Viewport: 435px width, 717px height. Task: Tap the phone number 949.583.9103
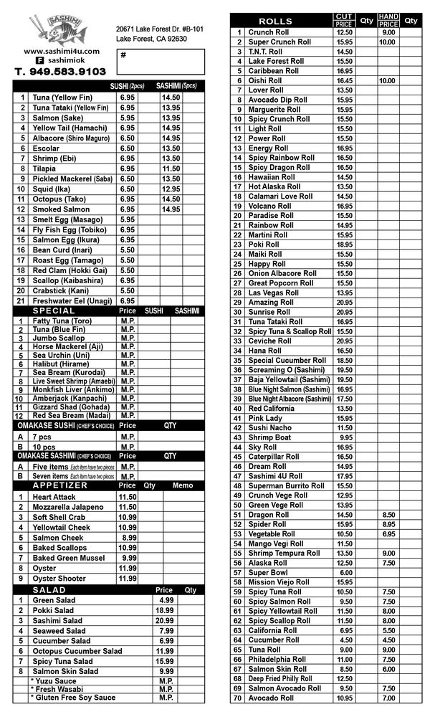click(x=60, y=72)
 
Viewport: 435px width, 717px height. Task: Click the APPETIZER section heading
click(x=61, y=485)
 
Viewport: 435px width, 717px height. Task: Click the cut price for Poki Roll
click(x=344, y=244)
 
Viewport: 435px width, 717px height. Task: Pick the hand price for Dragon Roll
click(x=388, y=515)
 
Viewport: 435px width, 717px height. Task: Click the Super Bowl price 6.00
click(x=345, y=573)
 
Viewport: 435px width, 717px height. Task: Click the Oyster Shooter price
click(x=128, y=579)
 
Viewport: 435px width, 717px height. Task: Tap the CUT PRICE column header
click(x=343, y=21)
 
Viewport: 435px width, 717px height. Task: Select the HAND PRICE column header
click(x=388, y=21)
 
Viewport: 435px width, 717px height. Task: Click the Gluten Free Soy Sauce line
click(x=74, y=697)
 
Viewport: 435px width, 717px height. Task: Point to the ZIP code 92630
click(x=176, y=39)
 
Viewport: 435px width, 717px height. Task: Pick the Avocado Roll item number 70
click(x=238, y=698)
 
